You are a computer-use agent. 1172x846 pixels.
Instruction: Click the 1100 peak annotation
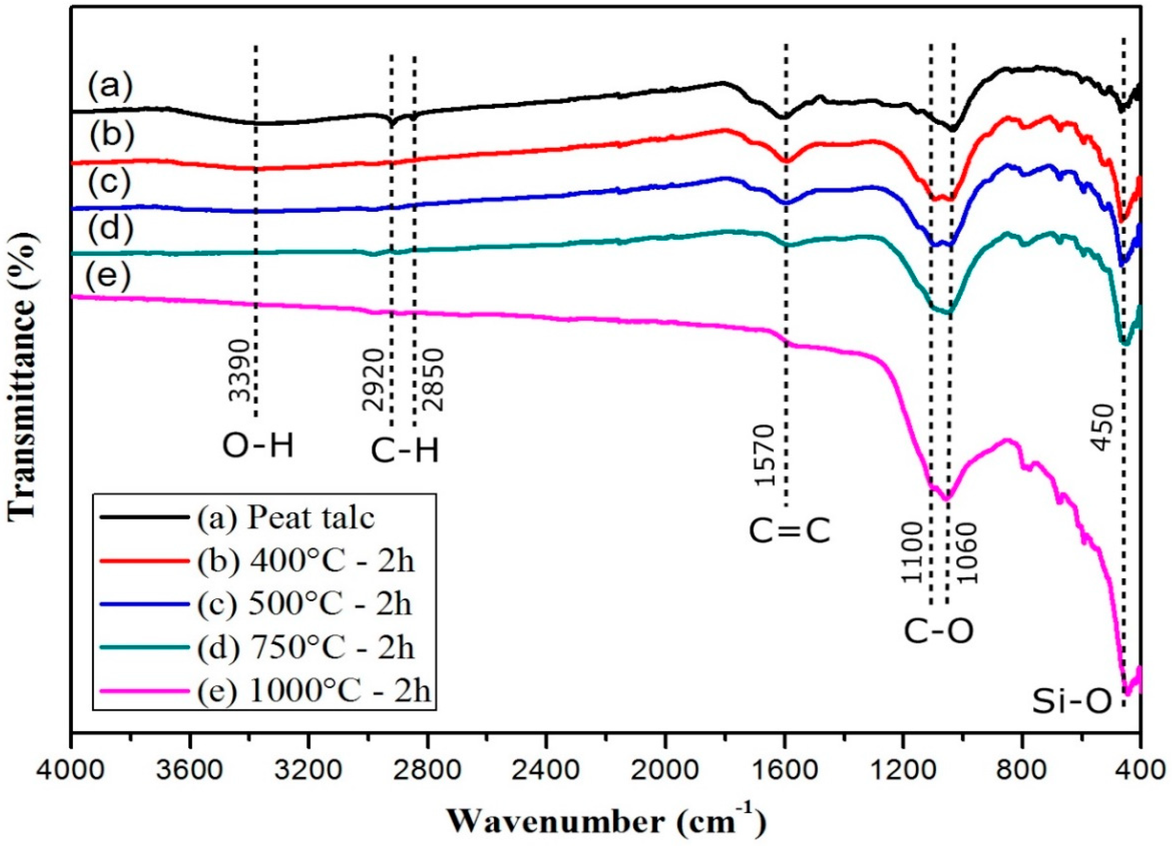(912, 553)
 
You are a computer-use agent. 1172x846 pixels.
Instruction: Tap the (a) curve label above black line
(109, 86)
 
